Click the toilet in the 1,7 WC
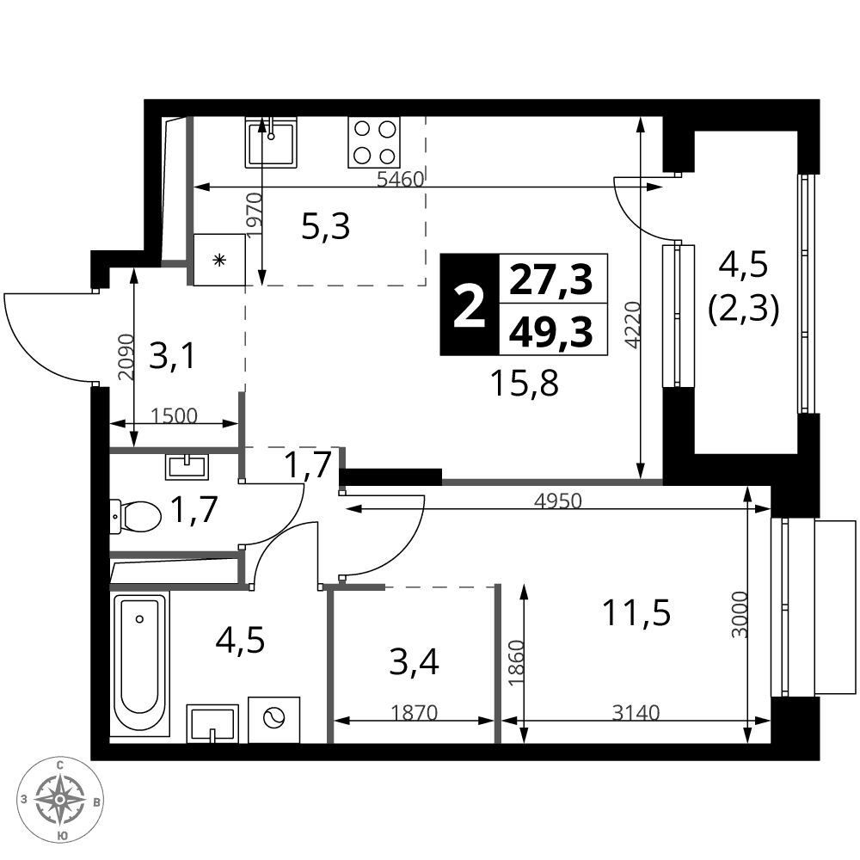(135, 515)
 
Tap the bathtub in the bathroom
(140, 664)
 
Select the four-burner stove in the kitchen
(374, 142)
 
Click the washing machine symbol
(274, 720)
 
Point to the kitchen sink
(271, 142)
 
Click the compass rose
(60, 799)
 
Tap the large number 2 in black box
(470, 305)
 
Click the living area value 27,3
(551, 279)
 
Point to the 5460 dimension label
(401, 179)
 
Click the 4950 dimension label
(558, 501)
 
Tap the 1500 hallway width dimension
(174, 415)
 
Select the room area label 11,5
(636, 612)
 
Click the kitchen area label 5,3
(326, 226)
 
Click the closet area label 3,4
(415, 662)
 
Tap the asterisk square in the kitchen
(219, 260)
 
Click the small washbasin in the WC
(187, 467)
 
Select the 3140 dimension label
(636, 712)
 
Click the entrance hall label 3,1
(172, 355)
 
